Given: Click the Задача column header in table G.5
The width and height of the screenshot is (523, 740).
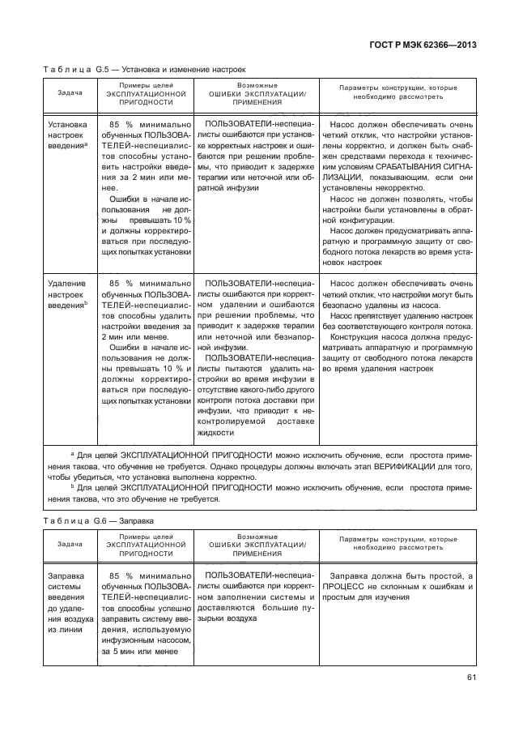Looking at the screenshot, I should pyautogui.click(x=70, y=93).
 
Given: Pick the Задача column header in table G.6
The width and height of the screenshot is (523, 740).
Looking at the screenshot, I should pyautogui.click(x=70, y=546).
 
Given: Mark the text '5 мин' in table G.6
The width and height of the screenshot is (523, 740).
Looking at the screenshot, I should pyautogui.click(x=115, y=650).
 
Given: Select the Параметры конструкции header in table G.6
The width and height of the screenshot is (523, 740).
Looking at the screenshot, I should pyautogui.click(x=398, y=544).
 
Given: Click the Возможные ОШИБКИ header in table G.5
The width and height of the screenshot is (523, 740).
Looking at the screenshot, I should pyautogui.click(x=257, y=93).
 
